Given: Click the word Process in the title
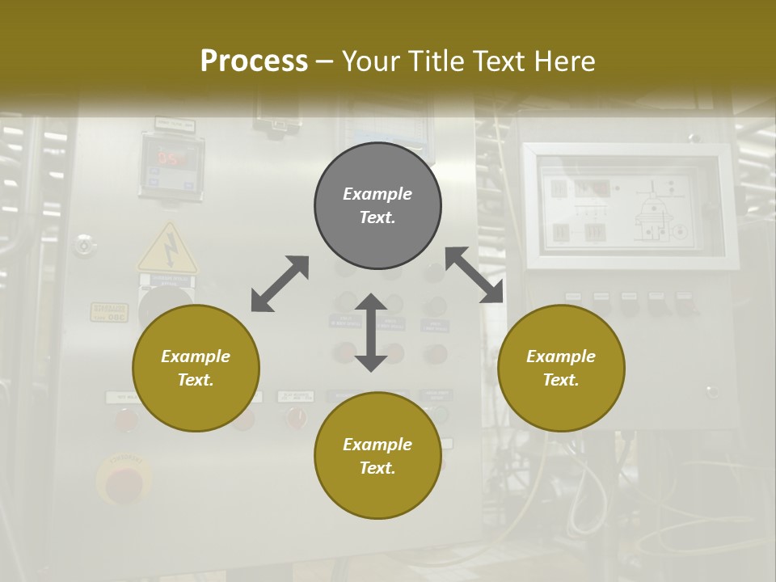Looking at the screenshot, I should click(254, 61).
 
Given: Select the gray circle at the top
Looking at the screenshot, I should click(377, 205).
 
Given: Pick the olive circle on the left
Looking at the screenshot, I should click(196, 368).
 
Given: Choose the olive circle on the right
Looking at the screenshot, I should click(561, 368).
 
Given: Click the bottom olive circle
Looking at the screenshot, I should click(377, 456).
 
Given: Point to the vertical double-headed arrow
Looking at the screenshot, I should click(371, 332).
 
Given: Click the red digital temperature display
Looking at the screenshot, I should click(171, 158).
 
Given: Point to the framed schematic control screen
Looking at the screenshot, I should click(628, 206).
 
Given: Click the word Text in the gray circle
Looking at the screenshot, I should click(377, 217).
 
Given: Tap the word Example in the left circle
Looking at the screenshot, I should click(196, 356).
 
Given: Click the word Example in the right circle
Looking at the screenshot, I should click(561, 356).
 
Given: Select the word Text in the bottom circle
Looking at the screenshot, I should click(377, 468).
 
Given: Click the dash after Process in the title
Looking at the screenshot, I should click(325, 61).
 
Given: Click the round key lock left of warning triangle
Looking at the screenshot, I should click(83, 243).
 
